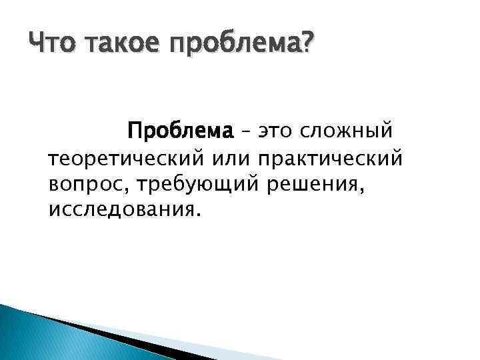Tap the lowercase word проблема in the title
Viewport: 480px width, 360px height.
233,45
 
